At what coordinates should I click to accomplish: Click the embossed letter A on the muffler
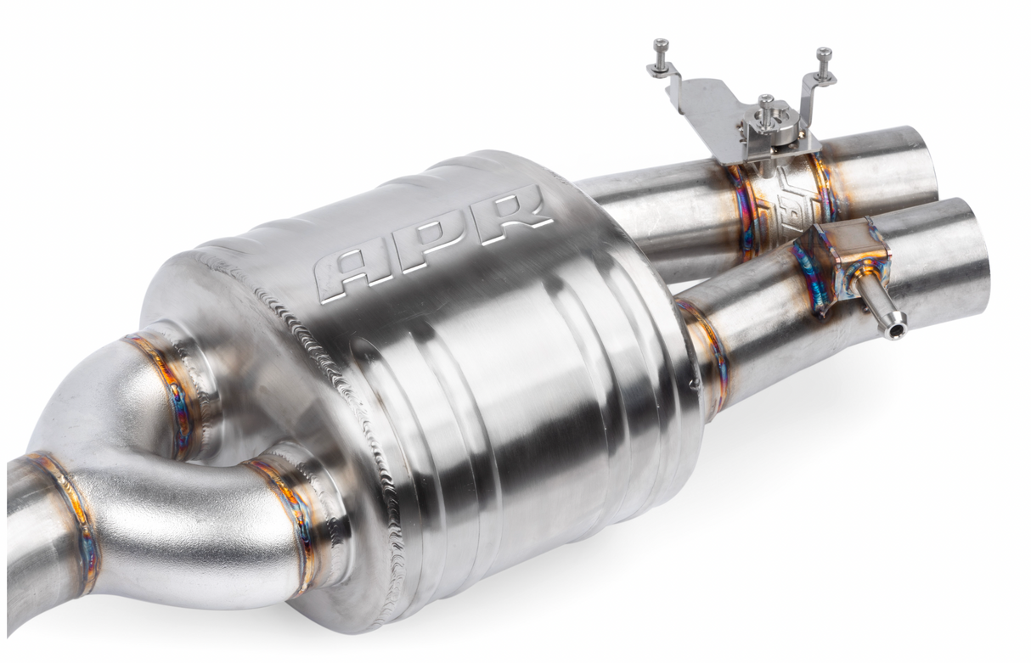[x=353, y=273]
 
